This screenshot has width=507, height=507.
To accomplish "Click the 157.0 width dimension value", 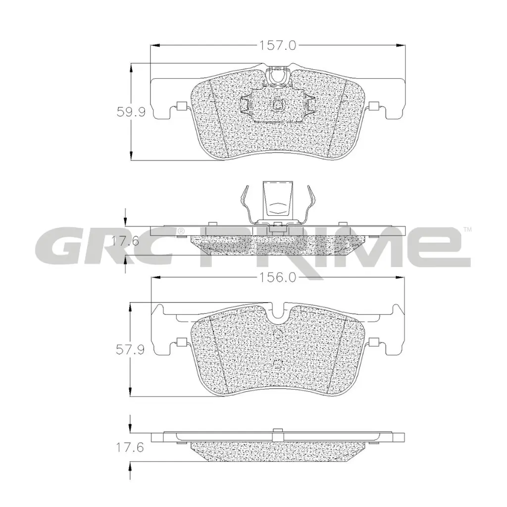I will pyautogui.click(x=278, y=46).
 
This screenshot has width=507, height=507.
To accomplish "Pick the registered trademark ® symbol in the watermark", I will pyautogui.click(x=181, y=231).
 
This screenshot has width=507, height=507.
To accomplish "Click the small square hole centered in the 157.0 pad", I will pyautogui.click(x=278, y=104).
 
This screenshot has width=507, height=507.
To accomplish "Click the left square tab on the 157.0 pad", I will pyautogui.click(x=181, y=105).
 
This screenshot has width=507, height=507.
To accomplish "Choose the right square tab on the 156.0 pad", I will pyautogui.click(x=374, y=342).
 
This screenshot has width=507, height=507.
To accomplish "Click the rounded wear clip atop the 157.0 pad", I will pyautogui.click(x=278, y=75).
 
